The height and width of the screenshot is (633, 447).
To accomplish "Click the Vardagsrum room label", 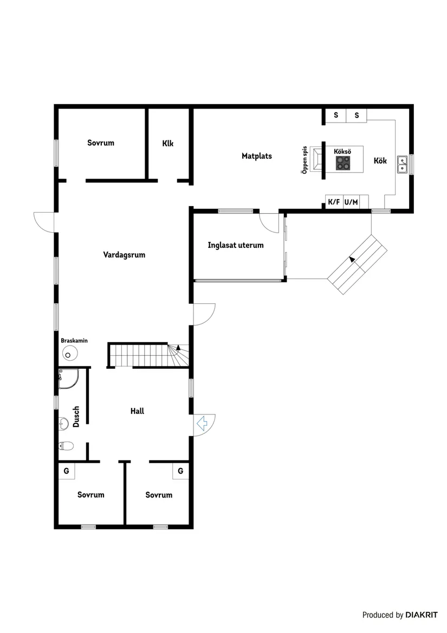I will coord(124,254).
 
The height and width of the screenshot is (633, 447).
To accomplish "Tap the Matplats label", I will coord(256,156).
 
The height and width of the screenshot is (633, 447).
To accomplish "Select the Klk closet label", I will coord(167,144).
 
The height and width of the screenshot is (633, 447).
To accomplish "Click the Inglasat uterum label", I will coord(236,245).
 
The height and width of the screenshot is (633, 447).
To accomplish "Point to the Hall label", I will coord(137,411).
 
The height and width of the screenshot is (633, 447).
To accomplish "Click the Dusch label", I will coord(76,416).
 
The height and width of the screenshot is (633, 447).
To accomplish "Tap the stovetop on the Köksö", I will coord(342,161).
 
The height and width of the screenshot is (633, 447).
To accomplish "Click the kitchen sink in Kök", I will coord(403,164).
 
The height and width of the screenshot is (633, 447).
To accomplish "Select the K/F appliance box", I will coord(334,202).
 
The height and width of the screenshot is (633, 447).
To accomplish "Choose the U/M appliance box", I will coord(351,202).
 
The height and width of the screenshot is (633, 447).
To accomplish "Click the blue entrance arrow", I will coord(203,424).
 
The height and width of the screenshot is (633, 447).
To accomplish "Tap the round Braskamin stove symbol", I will coord(69,355).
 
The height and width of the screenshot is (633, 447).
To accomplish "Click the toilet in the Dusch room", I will coord(66,446).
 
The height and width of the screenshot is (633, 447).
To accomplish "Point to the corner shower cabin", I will coord(68,379).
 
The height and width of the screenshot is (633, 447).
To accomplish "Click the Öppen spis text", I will coord(305,159).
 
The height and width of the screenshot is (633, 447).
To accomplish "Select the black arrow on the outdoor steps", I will coord(353,260).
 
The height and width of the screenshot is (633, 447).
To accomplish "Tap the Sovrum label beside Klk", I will coord(101,143).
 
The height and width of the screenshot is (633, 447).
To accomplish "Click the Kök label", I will coord(380,161).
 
